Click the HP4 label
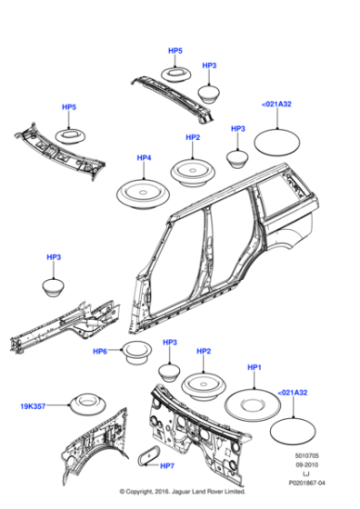[144, 158]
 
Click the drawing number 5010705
[305, 461]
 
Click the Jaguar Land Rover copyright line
[180, 499]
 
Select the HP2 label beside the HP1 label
[204, 351]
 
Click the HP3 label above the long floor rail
[54, 258]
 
